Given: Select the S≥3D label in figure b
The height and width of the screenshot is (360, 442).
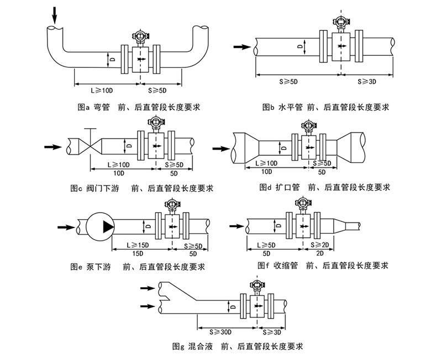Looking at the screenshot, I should click(367, 81).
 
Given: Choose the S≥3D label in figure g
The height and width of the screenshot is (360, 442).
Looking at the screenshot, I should click(272, 332).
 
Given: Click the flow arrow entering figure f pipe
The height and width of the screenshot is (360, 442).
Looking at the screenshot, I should click(236, 225).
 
